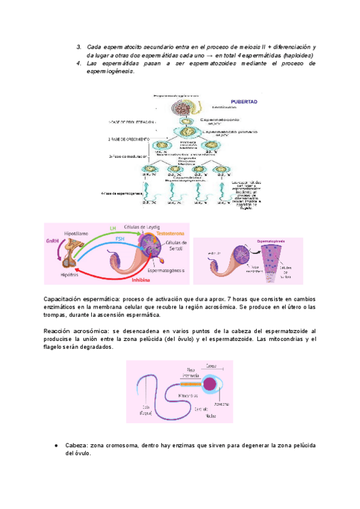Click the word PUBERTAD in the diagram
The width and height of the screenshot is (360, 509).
(x=244, y=102)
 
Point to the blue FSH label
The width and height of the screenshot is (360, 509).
(x=121, y=239)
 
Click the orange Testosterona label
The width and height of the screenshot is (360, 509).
(x=170, y=233)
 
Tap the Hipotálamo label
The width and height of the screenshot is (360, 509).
(x=76, y=232)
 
